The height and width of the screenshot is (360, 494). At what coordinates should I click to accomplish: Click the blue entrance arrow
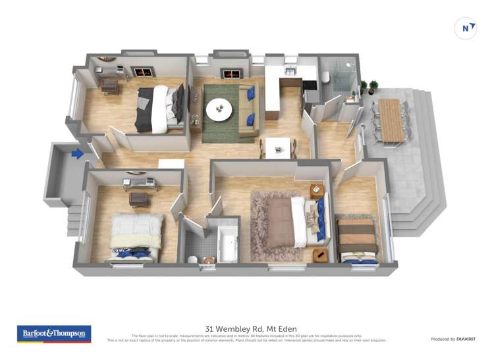point(77,154)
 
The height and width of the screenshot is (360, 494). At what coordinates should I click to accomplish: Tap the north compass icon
point(466,28)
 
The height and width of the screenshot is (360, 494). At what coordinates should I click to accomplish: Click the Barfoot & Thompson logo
point(53,334)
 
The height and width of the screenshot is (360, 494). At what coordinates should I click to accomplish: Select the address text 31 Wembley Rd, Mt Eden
point(251,328)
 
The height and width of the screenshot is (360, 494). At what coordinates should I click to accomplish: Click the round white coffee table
point(219,109)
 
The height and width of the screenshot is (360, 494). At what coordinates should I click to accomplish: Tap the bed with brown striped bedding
point(358,240)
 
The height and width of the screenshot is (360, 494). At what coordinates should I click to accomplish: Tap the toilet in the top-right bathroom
point(325,78)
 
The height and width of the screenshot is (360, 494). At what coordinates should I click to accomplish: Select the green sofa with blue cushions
point(249,109)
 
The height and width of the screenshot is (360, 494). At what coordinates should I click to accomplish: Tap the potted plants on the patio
point(369,86)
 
